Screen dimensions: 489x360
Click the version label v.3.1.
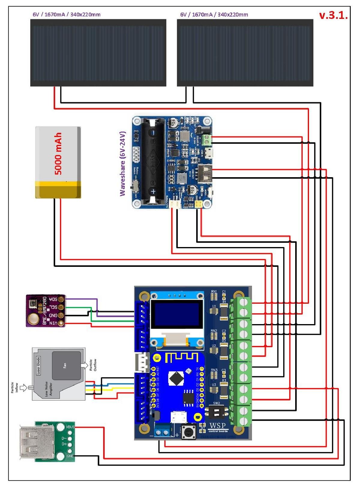click(333, 16)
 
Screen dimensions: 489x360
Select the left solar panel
click(98, 53)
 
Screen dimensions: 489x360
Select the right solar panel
click(245, 53)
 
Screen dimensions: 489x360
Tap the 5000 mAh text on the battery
click(58, 154)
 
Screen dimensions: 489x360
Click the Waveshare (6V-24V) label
click(122, 164)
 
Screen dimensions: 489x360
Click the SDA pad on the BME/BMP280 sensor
click(61, 299)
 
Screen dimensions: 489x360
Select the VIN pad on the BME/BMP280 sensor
click(61, 323)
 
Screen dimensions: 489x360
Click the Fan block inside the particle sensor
click(66, 365)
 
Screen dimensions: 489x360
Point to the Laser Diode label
click(38, 365)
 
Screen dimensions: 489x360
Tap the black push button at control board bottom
click(189, 432)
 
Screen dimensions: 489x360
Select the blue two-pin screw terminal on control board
click(162, 432)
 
